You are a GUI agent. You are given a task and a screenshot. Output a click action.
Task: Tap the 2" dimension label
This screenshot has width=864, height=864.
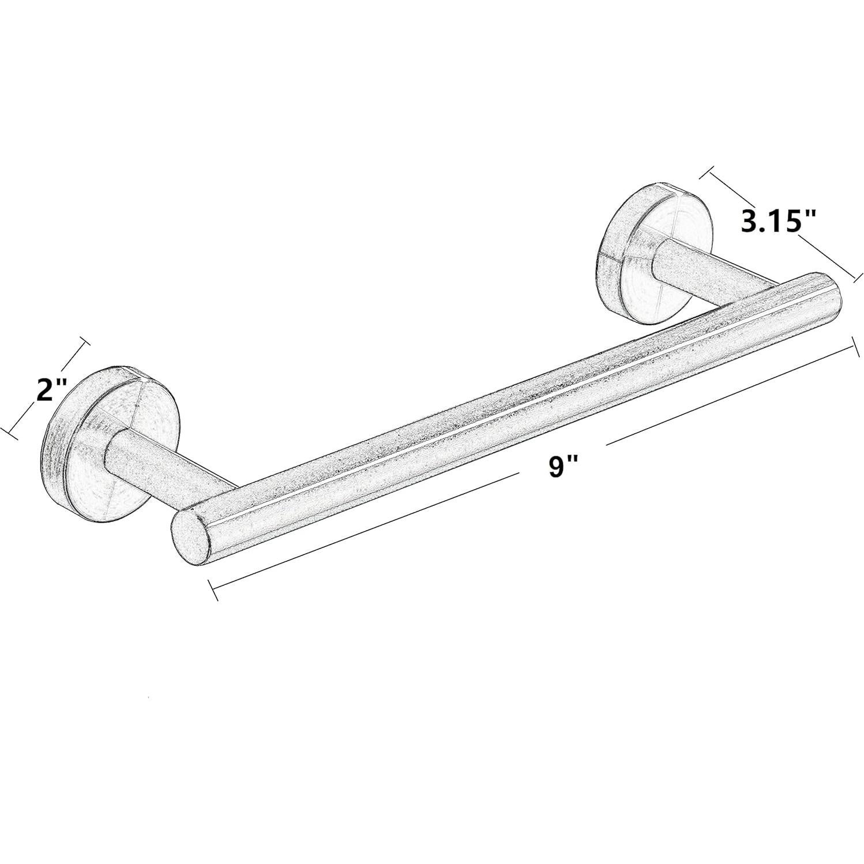click(51, 390)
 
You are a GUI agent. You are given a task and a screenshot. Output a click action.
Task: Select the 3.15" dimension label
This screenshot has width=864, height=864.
click(779, 221)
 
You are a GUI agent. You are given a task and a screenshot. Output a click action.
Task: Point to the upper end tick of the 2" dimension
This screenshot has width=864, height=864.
click(85, 343)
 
